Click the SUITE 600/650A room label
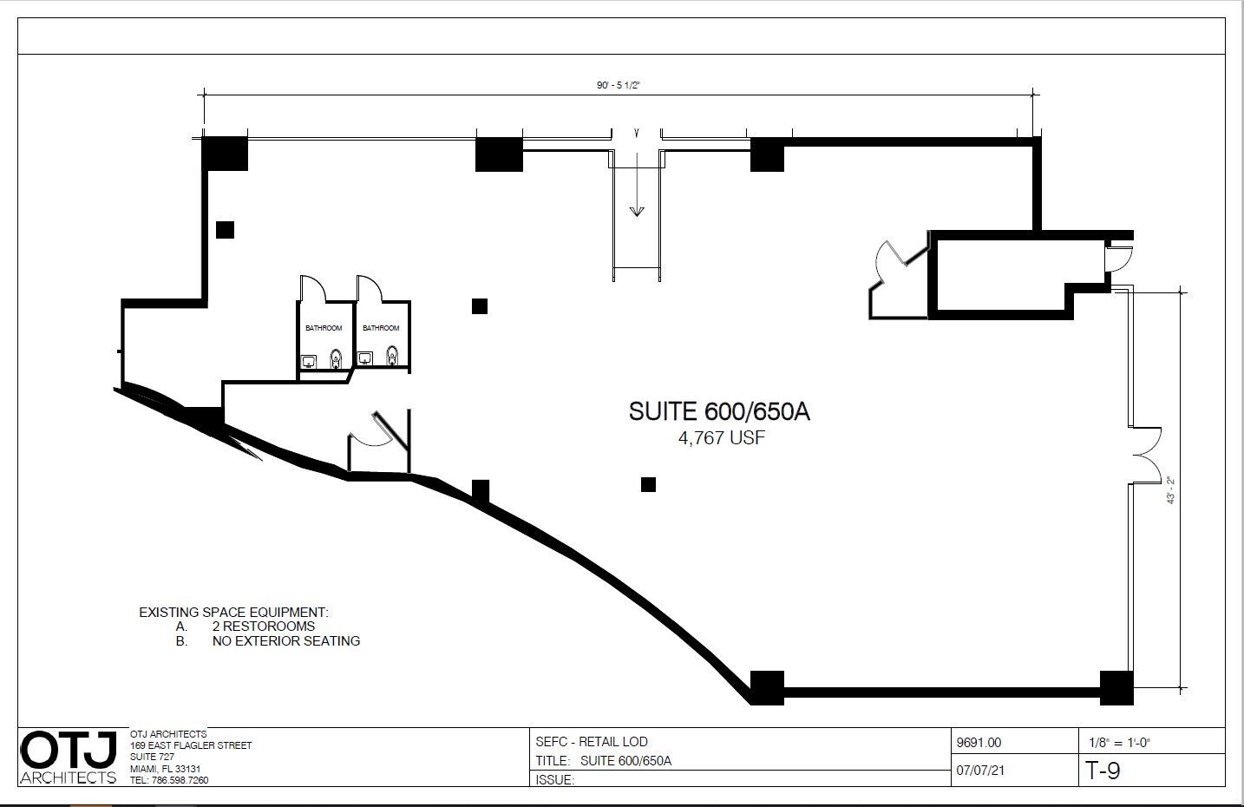[x=719, y=411]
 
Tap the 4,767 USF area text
[x=722, y=438]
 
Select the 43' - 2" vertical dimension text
[x=1170, y=489]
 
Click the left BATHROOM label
[x=324, y=328]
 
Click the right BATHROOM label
[x=381, y=328]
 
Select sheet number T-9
[x=1103, y=771]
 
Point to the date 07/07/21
[x=980, y=770]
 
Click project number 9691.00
[x=979, y=743]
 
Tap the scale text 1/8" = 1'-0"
[x=1119, y=743]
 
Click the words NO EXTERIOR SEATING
[x=285, y=641]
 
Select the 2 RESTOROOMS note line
[x=263, y=627]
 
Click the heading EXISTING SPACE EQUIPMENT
[x=233, y=613]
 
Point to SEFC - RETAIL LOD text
[x=592, y=742]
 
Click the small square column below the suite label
[x=648, y=484]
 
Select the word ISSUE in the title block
[x=554, y=780]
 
